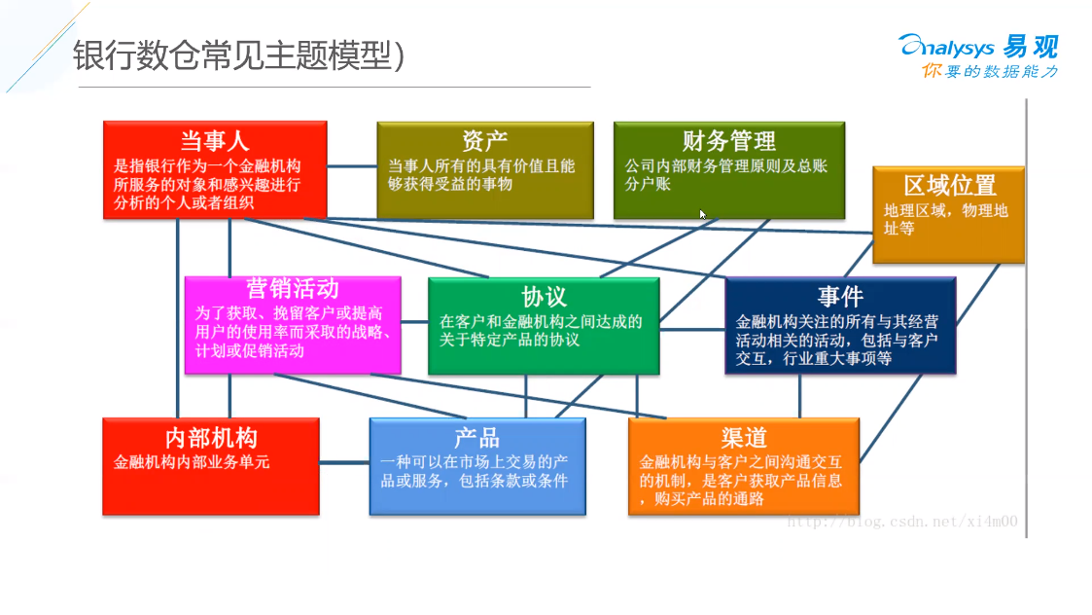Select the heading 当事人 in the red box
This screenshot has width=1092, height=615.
point(215,141)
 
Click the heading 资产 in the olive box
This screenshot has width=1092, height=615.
point(484,141)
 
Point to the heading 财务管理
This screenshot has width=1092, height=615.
point(728,141)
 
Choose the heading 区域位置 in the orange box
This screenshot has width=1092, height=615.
point(950,186)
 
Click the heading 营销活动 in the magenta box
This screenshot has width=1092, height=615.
point(293,289)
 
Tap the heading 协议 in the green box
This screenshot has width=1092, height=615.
point(544,297)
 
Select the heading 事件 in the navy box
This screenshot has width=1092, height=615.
point(840,297)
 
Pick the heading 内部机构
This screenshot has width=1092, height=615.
point(211,438)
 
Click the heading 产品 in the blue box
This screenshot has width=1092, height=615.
point(477,438)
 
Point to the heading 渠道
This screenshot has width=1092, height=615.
point(744,438)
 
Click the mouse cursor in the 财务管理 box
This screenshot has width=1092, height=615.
point(703,215)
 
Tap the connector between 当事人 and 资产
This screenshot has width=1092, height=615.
point(352,166)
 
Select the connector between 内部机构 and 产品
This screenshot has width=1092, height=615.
point(344,462)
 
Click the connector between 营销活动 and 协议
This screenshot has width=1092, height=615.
point(414,321)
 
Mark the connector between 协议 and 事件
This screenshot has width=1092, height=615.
point(692,329)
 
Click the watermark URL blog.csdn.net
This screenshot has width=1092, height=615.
point(902,522)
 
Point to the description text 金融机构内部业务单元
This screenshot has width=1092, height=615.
point(192,462)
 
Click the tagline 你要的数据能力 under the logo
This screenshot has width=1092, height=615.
point(990,71)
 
